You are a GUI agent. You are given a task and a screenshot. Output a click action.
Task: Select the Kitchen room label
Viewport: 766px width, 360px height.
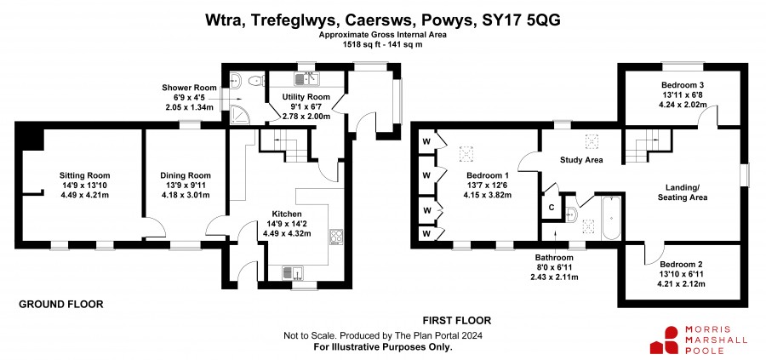(x=287, y=214)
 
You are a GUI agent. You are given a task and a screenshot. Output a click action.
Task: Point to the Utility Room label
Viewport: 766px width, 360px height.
(x=306, y=97)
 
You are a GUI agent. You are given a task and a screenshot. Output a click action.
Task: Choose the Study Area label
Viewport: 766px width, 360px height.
(x=581, y=160)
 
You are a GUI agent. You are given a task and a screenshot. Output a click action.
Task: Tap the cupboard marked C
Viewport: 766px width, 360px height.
(x=551, y=208)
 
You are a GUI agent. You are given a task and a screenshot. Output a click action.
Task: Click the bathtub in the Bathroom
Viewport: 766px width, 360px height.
(x=610, y=218)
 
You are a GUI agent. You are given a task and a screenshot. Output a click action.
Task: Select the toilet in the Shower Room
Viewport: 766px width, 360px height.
(x=254, y=81)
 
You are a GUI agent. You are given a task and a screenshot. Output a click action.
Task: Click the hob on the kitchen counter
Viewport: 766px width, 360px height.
(x=336, y=237)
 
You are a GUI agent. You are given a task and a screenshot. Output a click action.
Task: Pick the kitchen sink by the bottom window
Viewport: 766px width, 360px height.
(x=293, y=273)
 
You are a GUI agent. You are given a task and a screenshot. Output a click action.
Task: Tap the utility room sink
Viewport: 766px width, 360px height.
(x=306, y=78)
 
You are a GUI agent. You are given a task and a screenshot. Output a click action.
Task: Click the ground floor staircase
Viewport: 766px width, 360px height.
(x=284, y=146)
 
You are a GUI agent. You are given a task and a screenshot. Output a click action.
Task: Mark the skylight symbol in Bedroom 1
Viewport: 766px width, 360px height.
(x=466, y=154)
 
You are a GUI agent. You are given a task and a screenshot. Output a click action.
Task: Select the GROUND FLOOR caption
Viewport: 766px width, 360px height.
(x=61, y=305)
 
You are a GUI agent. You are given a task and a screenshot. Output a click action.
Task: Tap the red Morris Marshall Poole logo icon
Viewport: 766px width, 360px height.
(x=664, y=340)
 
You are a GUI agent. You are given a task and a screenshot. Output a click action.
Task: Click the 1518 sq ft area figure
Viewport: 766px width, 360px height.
(x=362, y=44)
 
